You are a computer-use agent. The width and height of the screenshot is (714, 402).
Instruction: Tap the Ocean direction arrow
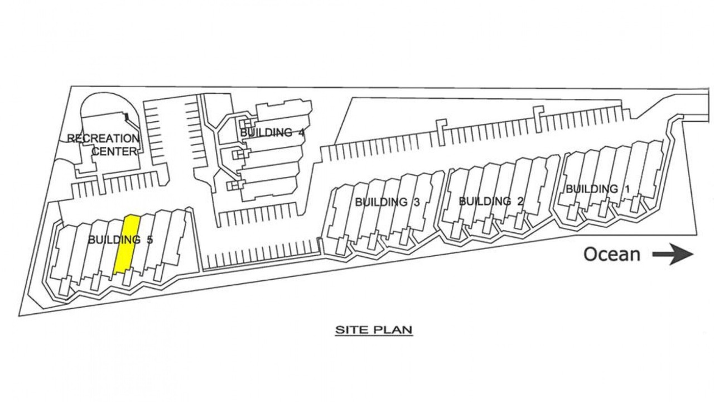[672, 255]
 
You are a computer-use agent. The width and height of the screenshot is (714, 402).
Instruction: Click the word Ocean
[611, 255]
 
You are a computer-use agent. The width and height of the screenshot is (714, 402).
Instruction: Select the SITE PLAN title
[374, 330]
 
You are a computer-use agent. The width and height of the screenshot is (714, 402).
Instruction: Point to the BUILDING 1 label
[598, 189]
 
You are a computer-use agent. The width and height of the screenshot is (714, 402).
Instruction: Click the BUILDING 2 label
[491, 201]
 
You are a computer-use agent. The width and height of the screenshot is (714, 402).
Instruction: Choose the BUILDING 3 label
[387, 202]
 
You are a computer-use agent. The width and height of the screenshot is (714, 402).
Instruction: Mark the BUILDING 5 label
[120, 240]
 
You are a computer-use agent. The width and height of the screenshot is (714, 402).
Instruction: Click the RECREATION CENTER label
[104, 144]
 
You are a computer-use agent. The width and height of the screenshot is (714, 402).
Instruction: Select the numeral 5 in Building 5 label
[149, 240]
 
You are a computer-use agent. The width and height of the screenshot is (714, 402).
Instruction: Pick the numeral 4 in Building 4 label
[302, 133]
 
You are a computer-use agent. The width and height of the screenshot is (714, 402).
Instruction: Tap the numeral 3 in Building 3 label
[416, 202]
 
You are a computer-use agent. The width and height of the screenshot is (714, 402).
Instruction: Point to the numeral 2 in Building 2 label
[519, 201]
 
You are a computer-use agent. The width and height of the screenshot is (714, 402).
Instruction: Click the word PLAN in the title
[393, 330]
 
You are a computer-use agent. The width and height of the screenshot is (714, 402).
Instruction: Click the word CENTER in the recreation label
[114, 151]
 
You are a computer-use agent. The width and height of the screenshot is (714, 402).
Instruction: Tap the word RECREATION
[104, 138]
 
